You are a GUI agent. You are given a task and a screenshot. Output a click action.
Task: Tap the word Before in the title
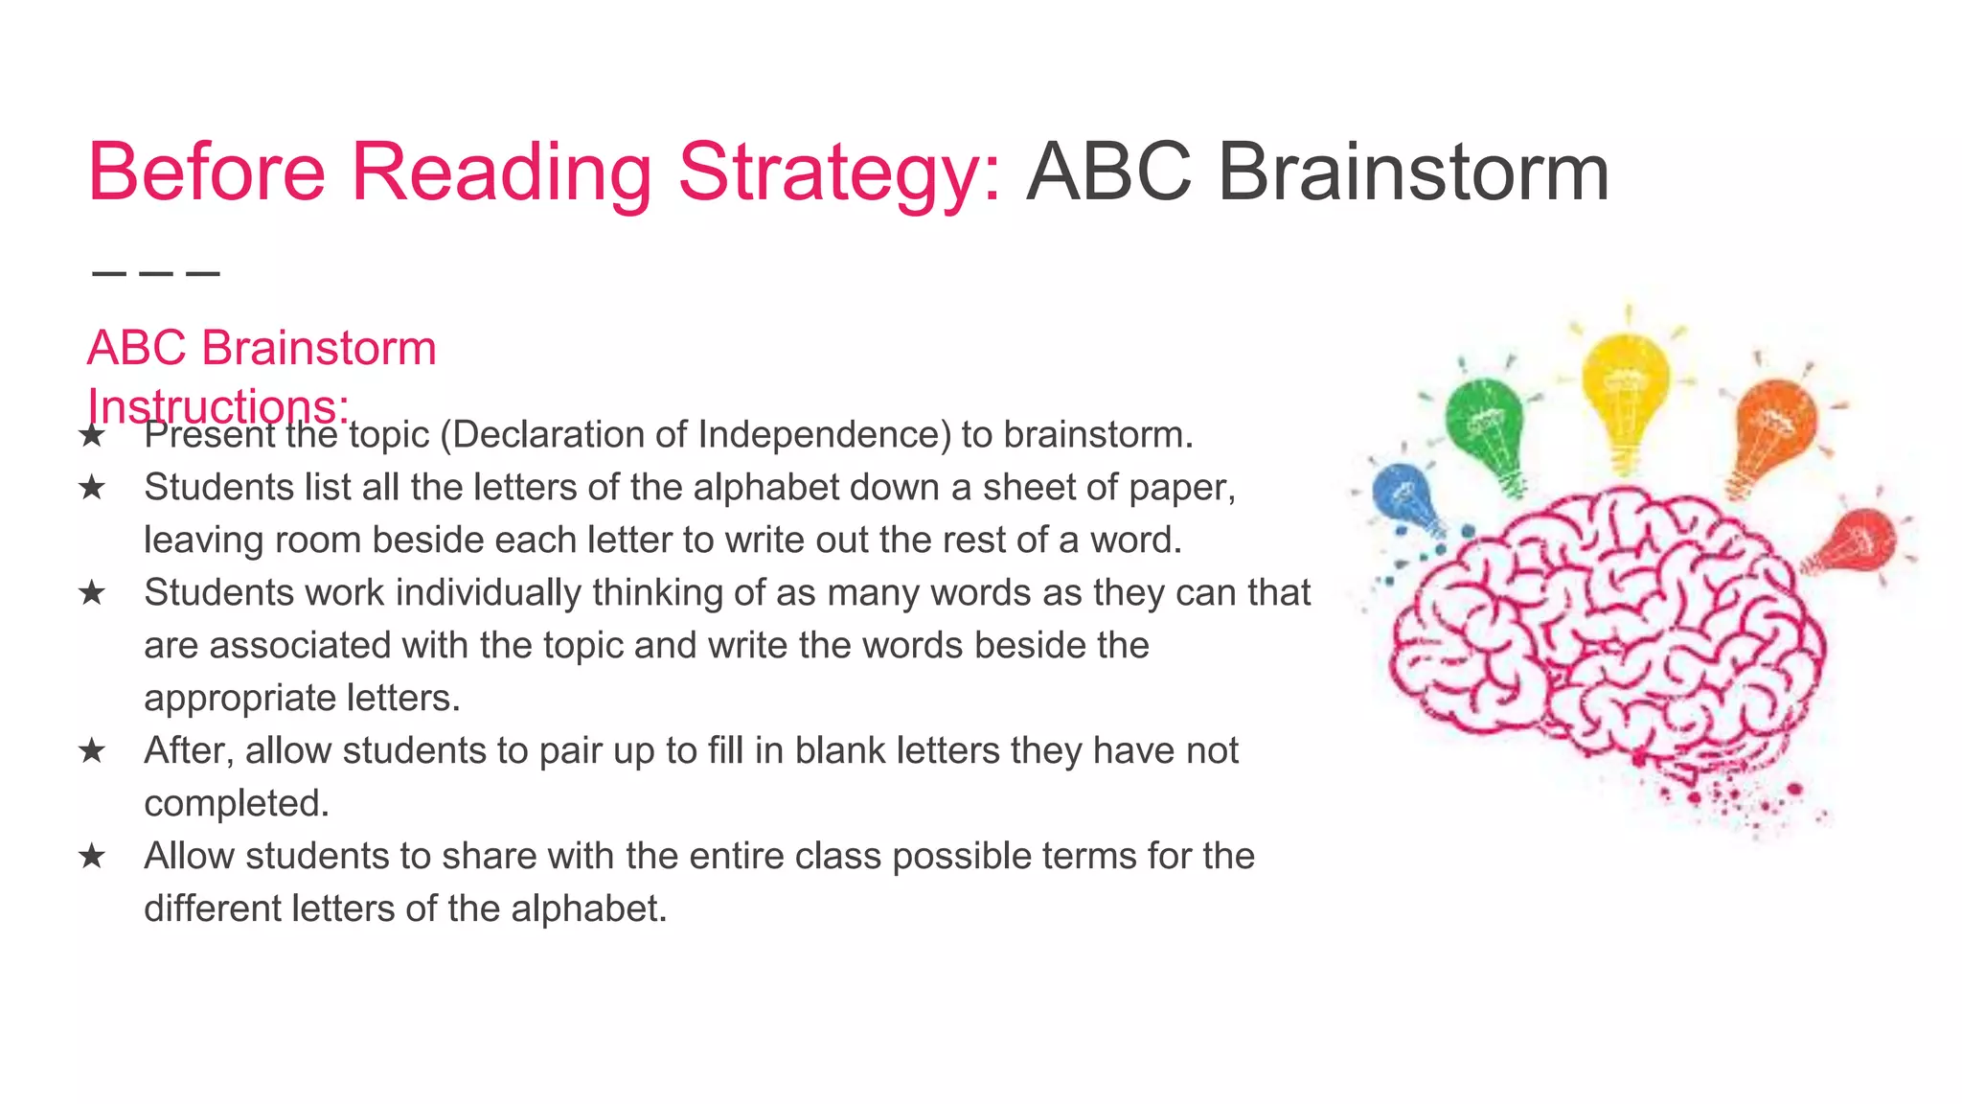(x=207, y=172)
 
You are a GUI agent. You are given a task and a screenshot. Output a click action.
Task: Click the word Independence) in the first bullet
(x=824, y=435)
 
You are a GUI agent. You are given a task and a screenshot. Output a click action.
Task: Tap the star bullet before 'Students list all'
(x=92, y=488)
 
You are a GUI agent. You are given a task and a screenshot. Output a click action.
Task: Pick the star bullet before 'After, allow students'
(x=92, y=750)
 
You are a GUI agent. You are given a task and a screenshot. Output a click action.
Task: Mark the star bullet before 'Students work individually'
(x=92, y=593)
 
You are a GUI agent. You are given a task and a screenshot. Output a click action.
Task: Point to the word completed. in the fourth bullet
(x=237, y=804)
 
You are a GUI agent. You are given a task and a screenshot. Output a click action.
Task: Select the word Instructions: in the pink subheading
(x=218, y=406)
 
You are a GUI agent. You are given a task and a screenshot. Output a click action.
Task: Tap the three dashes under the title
(x=156, y=274)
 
